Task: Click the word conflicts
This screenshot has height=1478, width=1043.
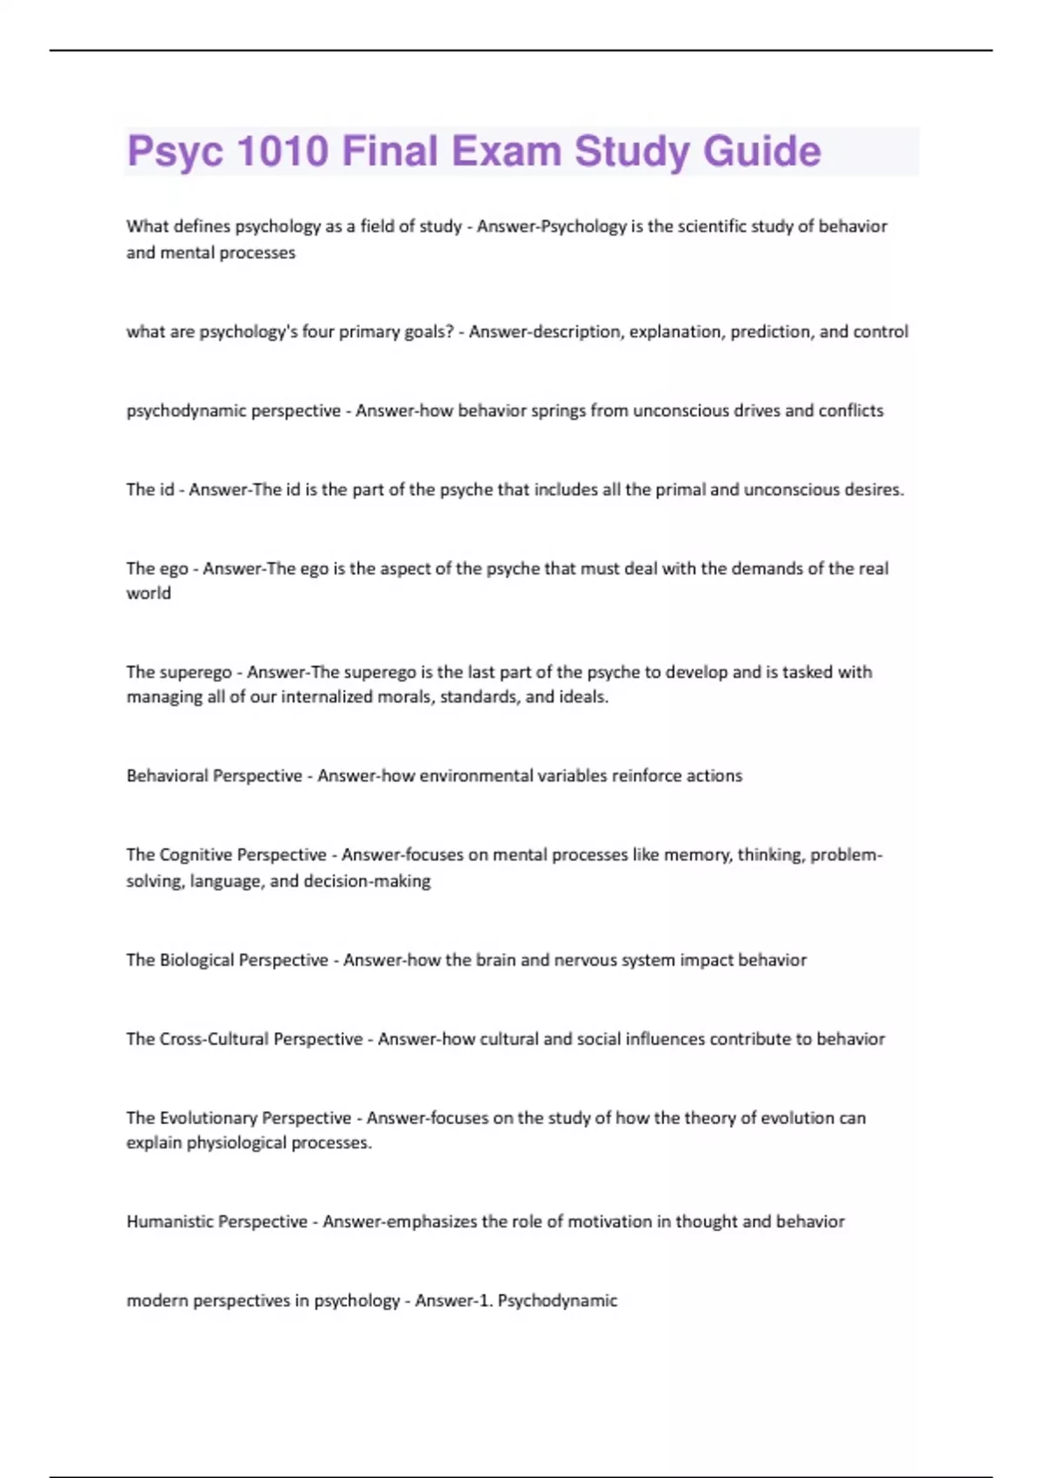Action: tap(851, 410)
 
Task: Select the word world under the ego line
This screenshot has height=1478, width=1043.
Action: tap(149, 594)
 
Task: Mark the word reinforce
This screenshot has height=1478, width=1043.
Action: tap(647, 776)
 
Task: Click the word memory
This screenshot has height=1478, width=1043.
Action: tap(698, 855)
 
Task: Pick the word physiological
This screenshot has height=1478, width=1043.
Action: tap(236, 1143)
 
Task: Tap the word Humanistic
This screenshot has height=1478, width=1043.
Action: tap(169, 1222)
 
